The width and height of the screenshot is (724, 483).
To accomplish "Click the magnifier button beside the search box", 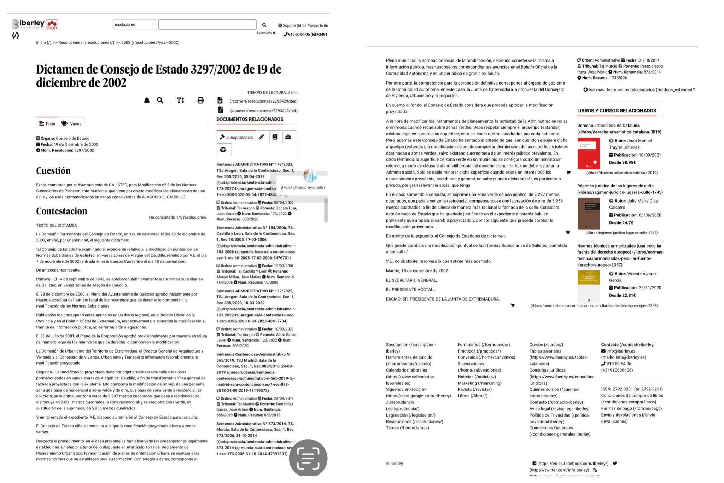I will tap(264, 25).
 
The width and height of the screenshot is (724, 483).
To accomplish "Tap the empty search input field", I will tap(207, 25).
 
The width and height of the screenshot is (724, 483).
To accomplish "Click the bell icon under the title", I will tap(147, 100).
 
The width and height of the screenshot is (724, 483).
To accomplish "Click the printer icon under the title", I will tap(200, 100).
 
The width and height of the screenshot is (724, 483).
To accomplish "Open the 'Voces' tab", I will tap(71, 123).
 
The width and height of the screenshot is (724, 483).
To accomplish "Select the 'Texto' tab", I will tap(47, 123).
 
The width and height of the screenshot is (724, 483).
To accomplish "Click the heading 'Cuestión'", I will tap(53, 171).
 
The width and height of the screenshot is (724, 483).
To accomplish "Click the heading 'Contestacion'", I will tap(62, 211).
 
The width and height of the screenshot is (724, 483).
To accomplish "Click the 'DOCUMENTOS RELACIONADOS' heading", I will tap(250, 120).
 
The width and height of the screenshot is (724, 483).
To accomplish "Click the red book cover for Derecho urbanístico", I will tap(589, 153).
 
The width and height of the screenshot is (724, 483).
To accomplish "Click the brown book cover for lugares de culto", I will tap(589, 214).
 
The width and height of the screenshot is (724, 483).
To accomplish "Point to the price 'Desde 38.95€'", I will tap(622, 163).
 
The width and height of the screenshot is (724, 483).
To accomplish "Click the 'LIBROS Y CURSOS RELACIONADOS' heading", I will tap(617, 111).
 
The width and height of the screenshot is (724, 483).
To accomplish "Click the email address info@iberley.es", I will tap(621, 351).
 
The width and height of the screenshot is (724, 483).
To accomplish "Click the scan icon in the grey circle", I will tap(308, 459).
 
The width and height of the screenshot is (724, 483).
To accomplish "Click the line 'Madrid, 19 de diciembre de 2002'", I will tap(417, 271).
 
